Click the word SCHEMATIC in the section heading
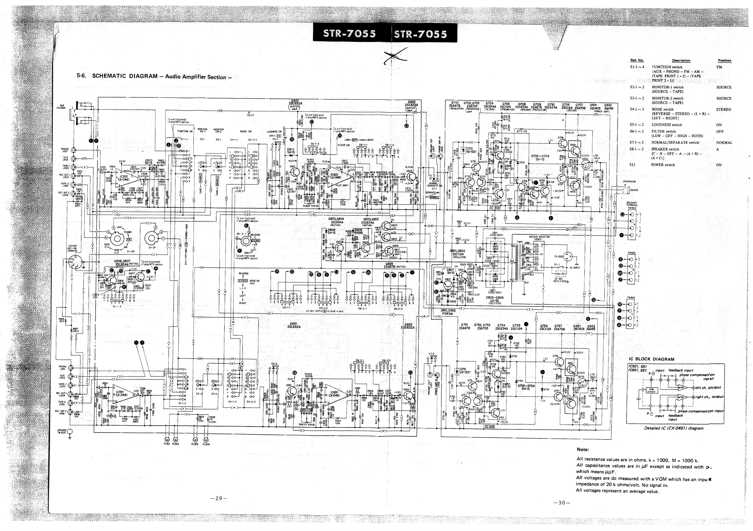point(108,76)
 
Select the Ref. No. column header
point(637,60)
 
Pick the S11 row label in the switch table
point(633,165)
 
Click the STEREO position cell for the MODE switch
point(723,110)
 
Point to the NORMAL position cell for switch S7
point(724,143)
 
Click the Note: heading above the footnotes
point(582,449)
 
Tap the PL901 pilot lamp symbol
point(166,440)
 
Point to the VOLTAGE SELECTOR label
point(539,237)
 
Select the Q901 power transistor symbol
point(575,150)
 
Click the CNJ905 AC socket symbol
point(568,257)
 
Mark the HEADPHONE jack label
point(629,182)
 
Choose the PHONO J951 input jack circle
point(70,368)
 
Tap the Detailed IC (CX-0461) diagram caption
point(674,428)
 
